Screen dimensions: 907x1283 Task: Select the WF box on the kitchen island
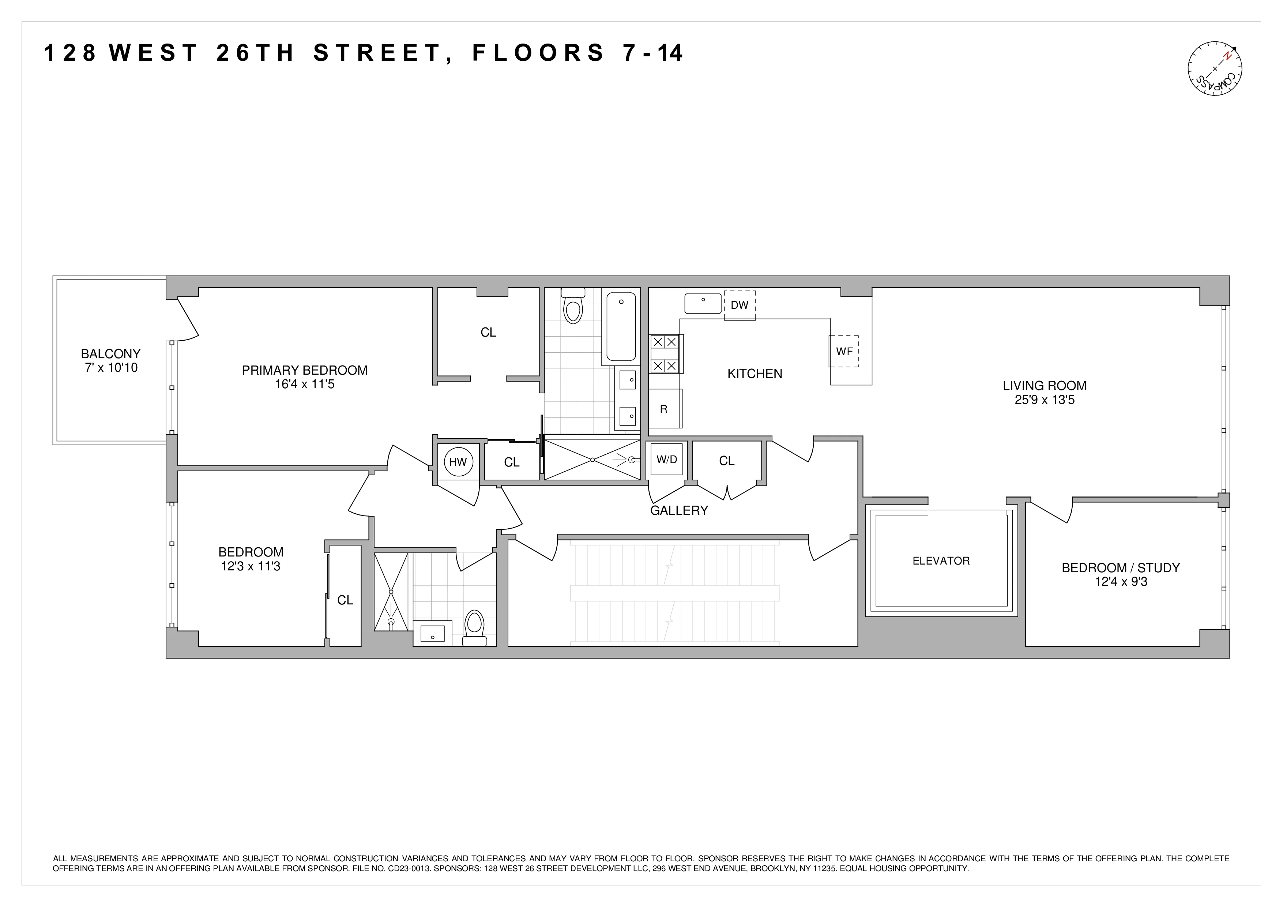844,352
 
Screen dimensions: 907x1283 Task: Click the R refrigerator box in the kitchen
664,409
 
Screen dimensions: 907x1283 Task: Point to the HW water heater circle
458,462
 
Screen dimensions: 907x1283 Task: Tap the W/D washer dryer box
667,460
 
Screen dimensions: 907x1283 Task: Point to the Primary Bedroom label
305,371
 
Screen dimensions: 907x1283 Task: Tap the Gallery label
679,510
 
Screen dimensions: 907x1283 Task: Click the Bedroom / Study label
1120,568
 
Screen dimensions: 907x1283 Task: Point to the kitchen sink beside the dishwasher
703,303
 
